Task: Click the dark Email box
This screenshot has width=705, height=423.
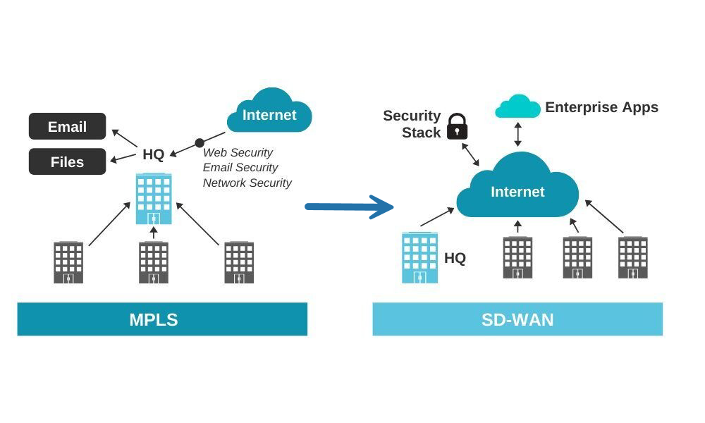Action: (68, 126)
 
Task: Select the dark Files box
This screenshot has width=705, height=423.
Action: (68, 161)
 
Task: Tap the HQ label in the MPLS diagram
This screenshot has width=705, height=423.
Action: (153, 154)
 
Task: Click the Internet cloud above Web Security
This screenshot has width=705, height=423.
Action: (269, 111)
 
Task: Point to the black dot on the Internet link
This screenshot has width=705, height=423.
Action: (200, 143)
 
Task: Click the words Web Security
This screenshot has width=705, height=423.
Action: (238, 152)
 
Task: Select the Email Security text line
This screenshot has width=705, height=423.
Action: (240, 168)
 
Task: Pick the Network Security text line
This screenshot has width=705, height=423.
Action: (247, 183)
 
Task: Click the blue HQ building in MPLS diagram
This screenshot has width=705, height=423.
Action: (154, 199)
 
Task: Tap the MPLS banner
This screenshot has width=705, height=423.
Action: (162, 319)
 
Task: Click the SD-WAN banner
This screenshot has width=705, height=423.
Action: (517, 319)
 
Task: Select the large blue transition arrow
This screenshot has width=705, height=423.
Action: (349, 207)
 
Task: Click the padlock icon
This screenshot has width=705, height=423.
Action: (458, 126)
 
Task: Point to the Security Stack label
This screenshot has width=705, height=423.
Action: (412, 124)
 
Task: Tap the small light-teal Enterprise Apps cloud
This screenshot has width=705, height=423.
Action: (517, 106)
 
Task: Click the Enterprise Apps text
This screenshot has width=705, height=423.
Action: (601, 107)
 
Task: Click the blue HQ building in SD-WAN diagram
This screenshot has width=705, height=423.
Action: (419, 257)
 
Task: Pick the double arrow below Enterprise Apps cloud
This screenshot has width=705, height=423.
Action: (517, 135)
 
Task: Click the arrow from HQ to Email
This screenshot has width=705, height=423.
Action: (125, 138)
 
